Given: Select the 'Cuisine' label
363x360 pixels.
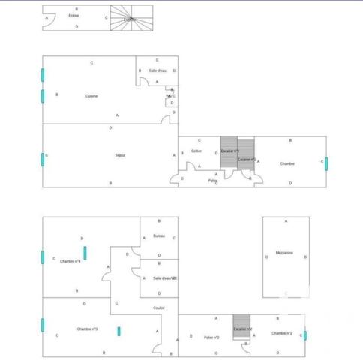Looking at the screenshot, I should coord(91,96).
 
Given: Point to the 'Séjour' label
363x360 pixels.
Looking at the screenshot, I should coord(120,155).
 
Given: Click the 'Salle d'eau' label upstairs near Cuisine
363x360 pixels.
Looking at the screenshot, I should coord(157,70).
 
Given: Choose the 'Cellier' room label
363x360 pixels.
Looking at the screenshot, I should coord(196,151).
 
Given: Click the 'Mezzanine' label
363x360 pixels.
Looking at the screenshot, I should coord(284,252).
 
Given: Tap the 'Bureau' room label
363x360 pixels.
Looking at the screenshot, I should coord(158,236).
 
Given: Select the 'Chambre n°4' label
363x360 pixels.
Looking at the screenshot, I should coord(70,260).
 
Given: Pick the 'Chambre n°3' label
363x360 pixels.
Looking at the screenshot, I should coord(87,328).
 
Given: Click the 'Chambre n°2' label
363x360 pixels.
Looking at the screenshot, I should coord(282,333).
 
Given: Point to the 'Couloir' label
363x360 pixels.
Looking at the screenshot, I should coord(159,307).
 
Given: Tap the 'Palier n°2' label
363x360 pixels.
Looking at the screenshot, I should coord(211,337).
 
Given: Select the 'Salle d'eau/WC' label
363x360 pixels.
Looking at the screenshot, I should coord(164,278).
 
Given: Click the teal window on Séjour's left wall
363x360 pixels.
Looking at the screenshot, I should coord(43,159).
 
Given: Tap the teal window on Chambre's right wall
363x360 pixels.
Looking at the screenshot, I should coord(325,163).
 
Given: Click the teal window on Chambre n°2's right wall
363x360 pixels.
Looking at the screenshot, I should coord(304,335).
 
